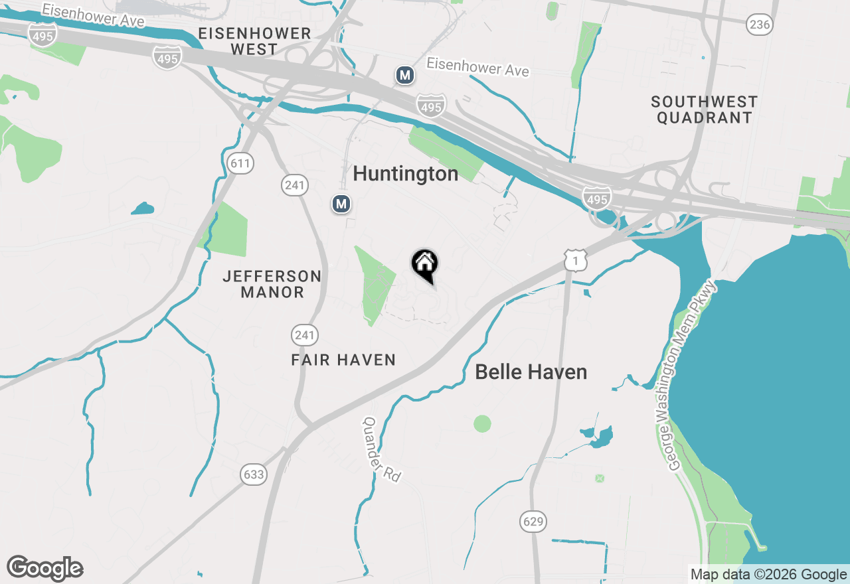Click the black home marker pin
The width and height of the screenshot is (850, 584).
pos(425,265)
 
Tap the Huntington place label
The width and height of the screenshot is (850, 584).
pos(405,174)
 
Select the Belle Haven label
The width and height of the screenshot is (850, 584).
pos(531,372)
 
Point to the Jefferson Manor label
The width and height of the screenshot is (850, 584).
pos(272,284)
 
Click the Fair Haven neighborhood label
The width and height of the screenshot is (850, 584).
pos(343,360)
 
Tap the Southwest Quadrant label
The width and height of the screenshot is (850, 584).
pos(704,110)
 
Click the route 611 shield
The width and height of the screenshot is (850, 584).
pos(240,163)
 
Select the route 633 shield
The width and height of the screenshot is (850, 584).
pos(254,475)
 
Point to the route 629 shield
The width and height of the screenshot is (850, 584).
pos(533,522)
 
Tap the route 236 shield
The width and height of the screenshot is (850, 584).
pos(759,25)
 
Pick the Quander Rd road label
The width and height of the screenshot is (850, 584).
pos(382,449)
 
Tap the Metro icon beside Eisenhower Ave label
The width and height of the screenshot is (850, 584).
pos(405,75)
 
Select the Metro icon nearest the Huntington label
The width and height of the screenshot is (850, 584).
pos(341,204)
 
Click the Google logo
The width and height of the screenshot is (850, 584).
pos(45,568)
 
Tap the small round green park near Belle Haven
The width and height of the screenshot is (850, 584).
pos(483,423)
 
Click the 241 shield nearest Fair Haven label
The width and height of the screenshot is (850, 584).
pos(304,335)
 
